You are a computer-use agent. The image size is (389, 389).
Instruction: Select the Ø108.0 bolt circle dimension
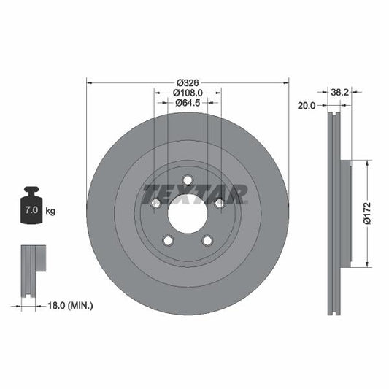(x=188, y=93)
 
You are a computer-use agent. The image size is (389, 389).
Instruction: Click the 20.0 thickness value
(x=307, y=105)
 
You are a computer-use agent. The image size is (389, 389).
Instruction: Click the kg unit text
(x=51, y=211)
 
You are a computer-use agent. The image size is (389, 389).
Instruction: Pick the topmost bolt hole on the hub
(x=188, y=180)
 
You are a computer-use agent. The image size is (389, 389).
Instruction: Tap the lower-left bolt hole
(x=168, y=241)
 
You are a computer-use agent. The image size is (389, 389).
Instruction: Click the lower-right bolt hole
(x=207, y=241)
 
